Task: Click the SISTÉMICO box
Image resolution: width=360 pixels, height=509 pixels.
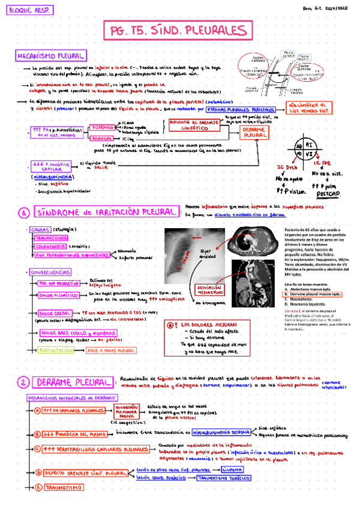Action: (x=102, y=127)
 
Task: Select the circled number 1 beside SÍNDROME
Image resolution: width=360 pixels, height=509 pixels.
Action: (x=23, y=212)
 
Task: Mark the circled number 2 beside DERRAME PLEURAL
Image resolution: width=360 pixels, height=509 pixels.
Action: (x=23, y=383)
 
